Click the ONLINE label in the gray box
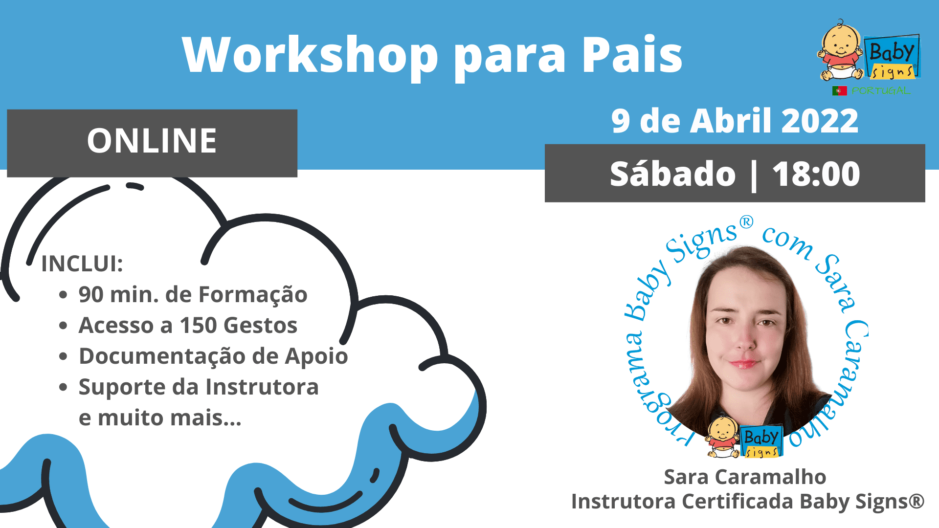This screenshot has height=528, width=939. (x=152, y=141)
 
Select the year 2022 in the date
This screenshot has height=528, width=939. (x=820, y=121)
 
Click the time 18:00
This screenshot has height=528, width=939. (x=816, y=174)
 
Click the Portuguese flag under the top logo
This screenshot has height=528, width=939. (x=839, y=90)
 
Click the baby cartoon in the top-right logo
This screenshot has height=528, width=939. (x=840, y=50)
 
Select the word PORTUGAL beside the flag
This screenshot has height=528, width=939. (x=880, y=90)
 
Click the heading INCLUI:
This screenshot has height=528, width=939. (x=82, y=264)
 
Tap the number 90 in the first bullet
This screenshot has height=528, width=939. (x=91, y=295)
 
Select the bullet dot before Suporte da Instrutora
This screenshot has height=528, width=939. (x=63, y=387)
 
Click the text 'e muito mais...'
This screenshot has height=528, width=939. (x=160, y=418)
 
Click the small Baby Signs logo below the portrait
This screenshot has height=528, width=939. (x=744, y=436)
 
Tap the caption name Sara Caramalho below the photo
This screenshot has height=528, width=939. (x=745, y=477)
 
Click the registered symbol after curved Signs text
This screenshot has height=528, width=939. (x=746, y=222)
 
